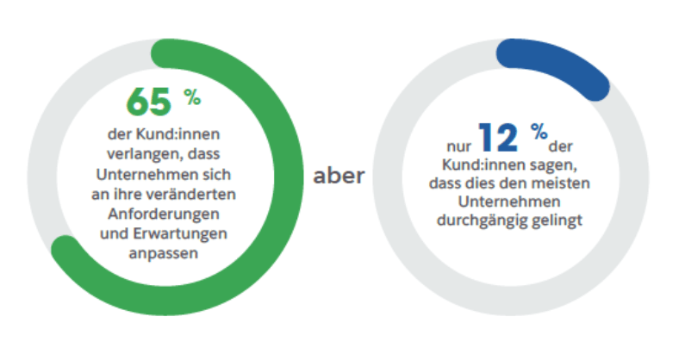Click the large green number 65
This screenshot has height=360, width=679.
tap(149, 102)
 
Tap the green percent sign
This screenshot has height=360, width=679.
tap(191, 97)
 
